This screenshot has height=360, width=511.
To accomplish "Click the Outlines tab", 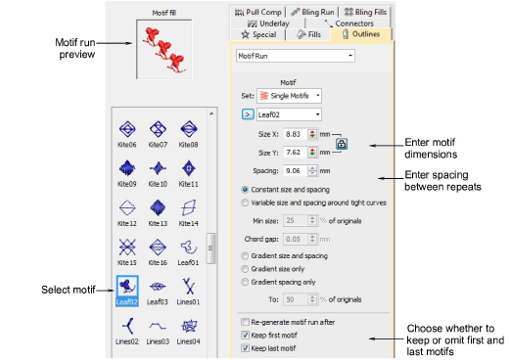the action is (x=361, y=34).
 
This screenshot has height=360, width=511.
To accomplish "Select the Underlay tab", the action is (x=268, y=23).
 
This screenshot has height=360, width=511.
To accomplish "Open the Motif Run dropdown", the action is (x=296, y=56).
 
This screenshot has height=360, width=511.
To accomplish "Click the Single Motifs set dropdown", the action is (x=289, y=96).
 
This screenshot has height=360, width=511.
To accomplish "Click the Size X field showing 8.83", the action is (x=296, y=134).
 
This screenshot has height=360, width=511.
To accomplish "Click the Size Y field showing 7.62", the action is (x=296, y=153).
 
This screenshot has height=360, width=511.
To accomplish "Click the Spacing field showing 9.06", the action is (x=296, y=171).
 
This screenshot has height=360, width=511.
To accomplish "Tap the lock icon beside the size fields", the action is (x=342, y=144).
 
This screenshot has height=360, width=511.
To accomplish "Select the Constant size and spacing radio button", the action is (x=245, y=190).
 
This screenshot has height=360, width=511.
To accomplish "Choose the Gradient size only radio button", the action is (x=245, y=269).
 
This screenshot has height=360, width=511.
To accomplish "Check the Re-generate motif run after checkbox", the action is (x=245, y=322).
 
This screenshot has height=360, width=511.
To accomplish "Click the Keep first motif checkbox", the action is (x=245, y=336).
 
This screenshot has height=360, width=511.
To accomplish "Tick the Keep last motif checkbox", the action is (x=245, y=348).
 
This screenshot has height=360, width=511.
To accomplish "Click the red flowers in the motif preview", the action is (x=164, y=50).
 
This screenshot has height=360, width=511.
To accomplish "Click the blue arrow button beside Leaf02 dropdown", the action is (x=248, y=114).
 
